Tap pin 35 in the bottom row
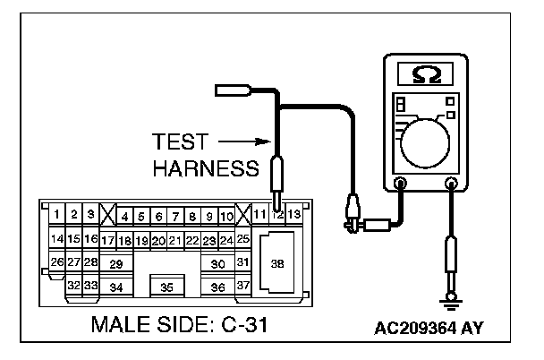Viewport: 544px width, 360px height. pos(166,287)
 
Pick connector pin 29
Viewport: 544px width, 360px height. pos(115,264)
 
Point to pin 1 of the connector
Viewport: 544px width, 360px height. pos(56,215)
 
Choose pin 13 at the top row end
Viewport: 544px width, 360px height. pos(294,216)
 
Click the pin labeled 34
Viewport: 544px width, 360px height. pos(115,287)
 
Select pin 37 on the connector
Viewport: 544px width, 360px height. pos(242,286)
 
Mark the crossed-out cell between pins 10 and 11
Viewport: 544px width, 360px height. pos(242,216)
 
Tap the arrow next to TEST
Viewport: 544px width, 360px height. pos(244,141)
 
